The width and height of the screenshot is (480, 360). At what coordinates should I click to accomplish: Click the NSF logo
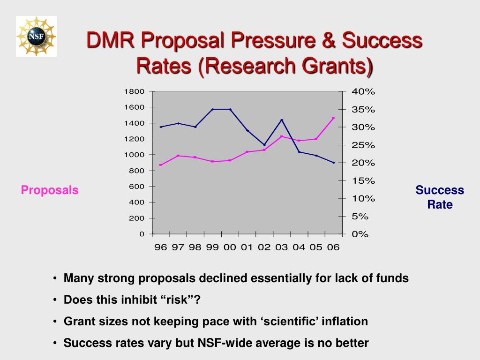click(x=36, y=36)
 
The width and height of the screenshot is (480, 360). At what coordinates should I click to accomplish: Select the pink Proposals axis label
click(x=49, y=190)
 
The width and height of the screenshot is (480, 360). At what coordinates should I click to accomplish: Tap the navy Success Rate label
click(x=440, y=197)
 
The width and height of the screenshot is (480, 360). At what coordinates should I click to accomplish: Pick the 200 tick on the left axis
click(x=137, y=218)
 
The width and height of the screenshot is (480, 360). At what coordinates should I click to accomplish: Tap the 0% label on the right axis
click(x=360, y=234)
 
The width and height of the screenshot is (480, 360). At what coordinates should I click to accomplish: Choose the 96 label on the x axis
click(x=161, y=247)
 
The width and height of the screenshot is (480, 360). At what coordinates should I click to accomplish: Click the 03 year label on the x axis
click(x=281, y=247)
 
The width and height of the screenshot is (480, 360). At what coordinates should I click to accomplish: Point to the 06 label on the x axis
click(x=333, y=247)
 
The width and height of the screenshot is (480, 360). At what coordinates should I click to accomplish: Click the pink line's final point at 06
click(x=333, y=118)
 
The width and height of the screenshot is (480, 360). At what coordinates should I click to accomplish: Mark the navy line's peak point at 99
click(x=212, y=109)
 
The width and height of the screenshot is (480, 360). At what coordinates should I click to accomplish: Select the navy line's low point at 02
click(x=264, y=145)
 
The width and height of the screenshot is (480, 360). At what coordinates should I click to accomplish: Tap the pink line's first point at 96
click(x=161, y=165)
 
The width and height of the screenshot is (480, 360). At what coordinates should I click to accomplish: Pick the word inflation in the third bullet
click(x=344, y=321)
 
